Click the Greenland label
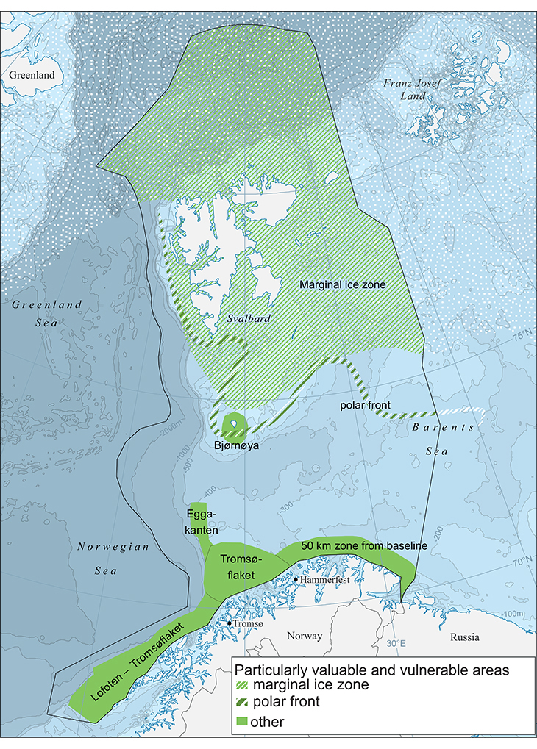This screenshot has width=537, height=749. [28, 75]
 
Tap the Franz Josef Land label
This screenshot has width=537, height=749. [413, 89]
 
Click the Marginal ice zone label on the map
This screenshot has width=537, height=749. [342, 284]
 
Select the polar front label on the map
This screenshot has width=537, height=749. [365, 406]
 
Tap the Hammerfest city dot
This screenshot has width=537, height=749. [296, 579]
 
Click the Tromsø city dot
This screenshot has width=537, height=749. [230, 624]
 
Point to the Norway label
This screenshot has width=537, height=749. [305, 636]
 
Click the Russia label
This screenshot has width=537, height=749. [465, 637]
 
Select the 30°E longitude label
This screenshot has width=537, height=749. [396, 644]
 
